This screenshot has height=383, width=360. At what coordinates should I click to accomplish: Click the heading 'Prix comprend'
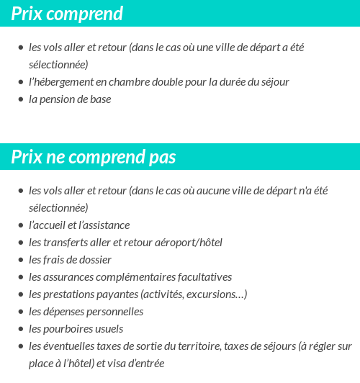click(x=67, y=14)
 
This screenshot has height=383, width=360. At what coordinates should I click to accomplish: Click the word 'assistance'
click(x=105, y=225)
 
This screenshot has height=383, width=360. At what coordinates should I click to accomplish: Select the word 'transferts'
click(x=71, y=243)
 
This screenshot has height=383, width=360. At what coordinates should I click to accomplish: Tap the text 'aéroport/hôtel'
click(x=189, y=243)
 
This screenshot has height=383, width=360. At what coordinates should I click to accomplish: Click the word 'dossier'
click(x=94, y=260)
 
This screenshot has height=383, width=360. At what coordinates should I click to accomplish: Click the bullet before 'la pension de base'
click(x=20, y=100)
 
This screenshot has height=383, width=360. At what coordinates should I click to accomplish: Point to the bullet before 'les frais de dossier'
click(x=20, y=261)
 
